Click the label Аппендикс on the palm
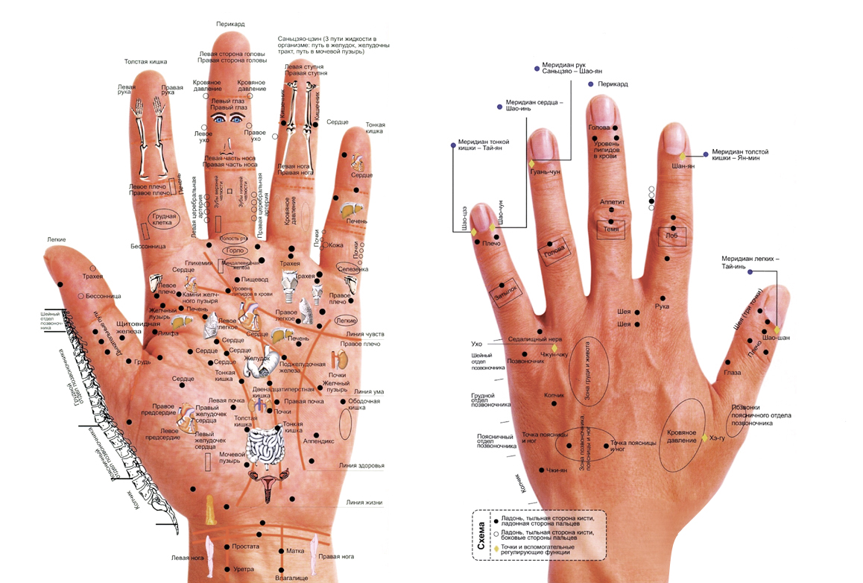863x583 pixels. [318, 441]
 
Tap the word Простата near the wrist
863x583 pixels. [245, 546]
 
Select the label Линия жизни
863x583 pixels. [364, 502]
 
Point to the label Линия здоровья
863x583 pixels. [361, 466]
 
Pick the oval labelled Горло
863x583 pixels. [234, 251]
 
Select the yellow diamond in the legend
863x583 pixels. [497, 549]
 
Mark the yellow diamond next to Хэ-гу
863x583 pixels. [704, 438]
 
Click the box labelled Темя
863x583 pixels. [611, 229]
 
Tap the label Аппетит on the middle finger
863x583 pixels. [612, 202]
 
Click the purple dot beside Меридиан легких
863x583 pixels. [750, 272]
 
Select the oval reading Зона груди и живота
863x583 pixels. [589, 370]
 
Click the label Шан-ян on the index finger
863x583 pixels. [683, 166]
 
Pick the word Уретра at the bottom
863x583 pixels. [244, 570]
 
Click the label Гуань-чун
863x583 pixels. [545, 172]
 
